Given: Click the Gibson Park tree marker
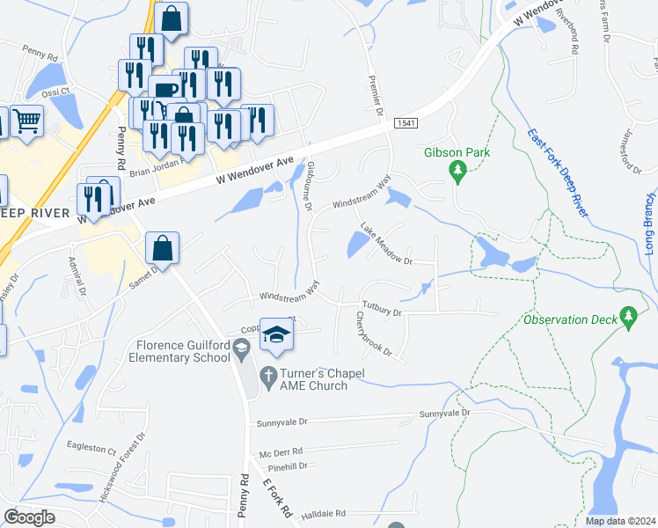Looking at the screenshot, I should (457, 171).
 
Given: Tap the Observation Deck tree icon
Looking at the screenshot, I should (628, 316).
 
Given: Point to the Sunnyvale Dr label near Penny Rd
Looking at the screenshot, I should (280, 423).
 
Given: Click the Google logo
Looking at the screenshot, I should (30, 517).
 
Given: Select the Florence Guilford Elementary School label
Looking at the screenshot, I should (180, 351).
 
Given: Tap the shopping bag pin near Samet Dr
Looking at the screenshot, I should (163, 248).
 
